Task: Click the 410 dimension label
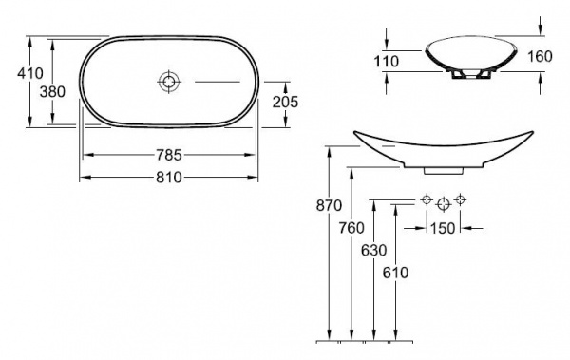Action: (30, 73)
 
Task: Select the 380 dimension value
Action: (52, 91)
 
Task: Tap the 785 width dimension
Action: (169, 155)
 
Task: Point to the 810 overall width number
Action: (169, 178)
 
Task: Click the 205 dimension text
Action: (285, 103)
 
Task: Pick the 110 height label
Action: (387, 62)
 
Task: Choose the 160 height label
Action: (540, 56)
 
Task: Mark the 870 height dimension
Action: (329, 206)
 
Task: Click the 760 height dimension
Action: (351, 228)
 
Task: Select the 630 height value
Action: (373, 250)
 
